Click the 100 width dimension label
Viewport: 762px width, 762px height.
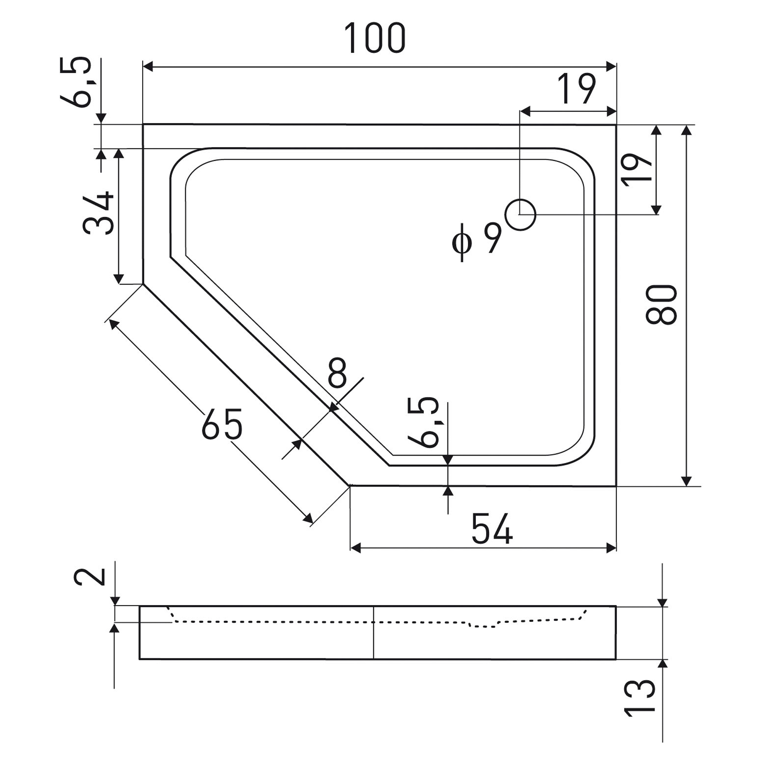(374, 38)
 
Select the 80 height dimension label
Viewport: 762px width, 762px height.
(661, 304)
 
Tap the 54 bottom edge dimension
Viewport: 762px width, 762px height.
(492, 529)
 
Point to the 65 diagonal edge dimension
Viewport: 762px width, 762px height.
(222, 424)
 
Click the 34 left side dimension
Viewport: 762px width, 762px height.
(99, 213)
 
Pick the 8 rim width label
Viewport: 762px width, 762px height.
(337, 373)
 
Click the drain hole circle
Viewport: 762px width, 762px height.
(520, 215)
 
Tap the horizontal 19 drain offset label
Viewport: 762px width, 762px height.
(576, 89)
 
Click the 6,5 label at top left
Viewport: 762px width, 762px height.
(76, 82)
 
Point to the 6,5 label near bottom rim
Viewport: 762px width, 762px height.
(424, 423)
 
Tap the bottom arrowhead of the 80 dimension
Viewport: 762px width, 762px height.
(687, 481)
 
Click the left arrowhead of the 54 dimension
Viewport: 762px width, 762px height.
(355, 548)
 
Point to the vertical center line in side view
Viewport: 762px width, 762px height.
(373, 632)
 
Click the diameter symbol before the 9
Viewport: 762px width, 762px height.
(462, 243)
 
